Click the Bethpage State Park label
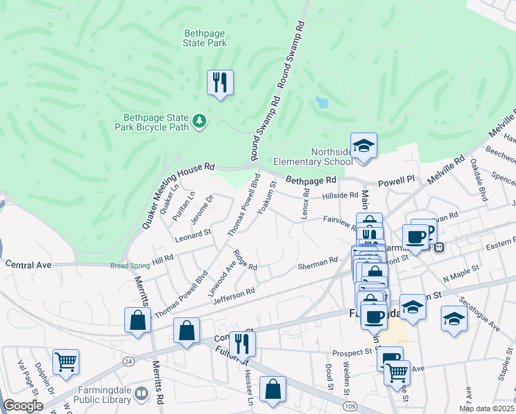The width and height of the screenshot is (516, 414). [x=205, y=37]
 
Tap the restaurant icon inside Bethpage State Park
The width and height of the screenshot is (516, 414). [x=220, y=82]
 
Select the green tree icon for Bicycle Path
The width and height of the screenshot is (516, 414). [x=199, y=121]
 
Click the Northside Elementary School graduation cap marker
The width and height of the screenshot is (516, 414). [x=364, y=145]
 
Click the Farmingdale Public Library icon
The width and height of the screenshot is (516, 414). [x=141, y=394]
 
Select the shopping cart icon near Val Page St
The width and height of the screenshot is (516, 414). [x=66, y=361]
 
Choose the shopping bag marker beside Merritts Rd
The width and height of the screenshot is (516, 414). [x=137, y=319]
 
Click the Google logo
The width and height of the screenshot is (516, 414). [x=23, y=406]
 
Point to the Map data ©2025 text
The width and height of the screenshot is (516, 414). [x=486, y=408]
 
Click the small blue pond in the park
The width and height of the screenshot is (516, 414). [x=321, y=102]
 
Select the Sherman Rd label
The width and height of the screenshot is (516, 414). [x=317, y=260]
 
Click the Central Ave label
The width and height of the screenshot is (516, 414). [x=29, y=264]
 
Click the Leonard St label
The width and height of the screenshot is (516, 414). [x=192, y=235]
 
